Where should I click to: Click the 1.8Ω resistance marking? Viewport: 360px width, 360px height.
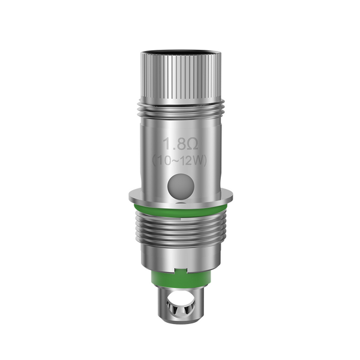[x=179, y=143]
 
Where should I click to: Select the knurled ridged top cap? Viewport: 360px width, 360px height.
[x=180, y=72]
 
